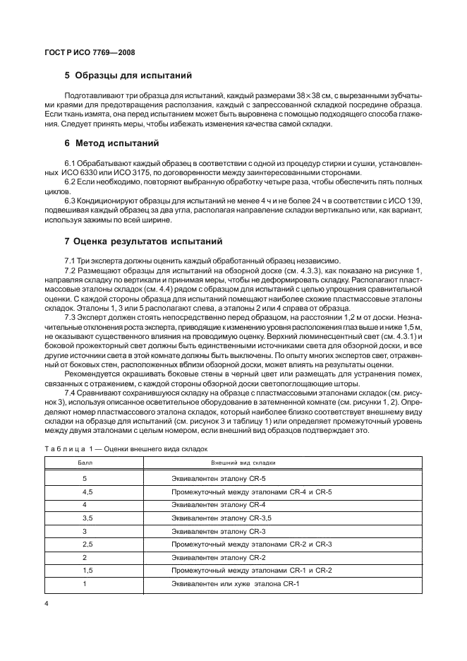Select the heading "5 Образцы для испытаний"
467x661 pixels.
pyautogui.click(x=128, y=76)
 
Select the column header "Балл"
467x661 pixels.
pyautogui.click(x=84, y=463)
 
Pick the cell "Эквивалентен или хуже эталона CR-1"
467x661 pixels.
pyautogui.click(x=236, y=583)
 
